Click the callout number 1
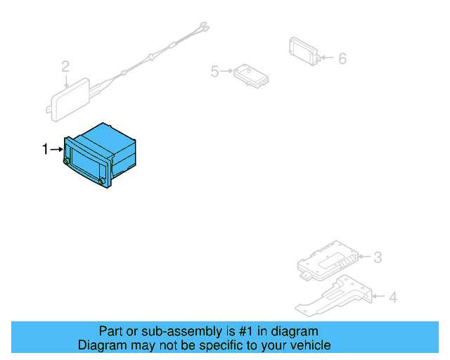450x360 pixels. point(46,149)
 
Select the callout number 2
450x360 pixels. point(65,67)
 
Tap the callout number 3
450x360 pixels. point(377,257)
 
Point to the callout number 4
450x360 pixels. point(392,297)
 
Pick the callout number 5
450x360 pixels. point(215,71)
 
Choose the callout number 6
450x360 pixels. point(342,58)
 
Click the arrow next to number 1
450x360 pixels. point(57,149)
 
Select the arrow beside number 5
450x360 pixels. point(227,71)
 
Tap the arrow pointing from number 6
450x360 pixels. point(328,58)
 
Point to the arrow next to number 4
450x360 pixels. point(377,297)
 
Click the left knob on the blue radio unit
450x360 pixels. point(67,162)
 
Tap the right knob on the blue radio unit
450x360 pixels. point(103,182)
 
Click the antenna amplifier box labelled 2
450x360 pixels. point(72,98)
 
